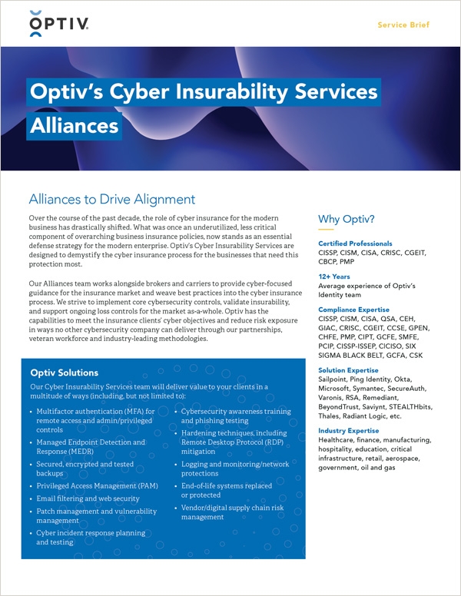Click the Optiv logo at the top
point(58,24)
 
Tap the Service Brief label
point(403,25)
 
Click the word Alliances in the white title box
point(74,125)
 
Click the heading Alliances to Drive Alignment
point(111,200)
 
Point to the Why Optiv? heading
point(347,220)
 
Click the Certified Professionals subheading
point(355,243)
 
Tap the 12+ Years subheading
point(333,276)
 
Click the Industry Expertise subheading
point(350,431)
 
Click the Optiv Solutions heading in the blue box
point(64,373)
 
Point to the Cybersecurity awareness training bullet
point(236,412)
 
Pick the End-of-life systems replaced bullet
point(227,486)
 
